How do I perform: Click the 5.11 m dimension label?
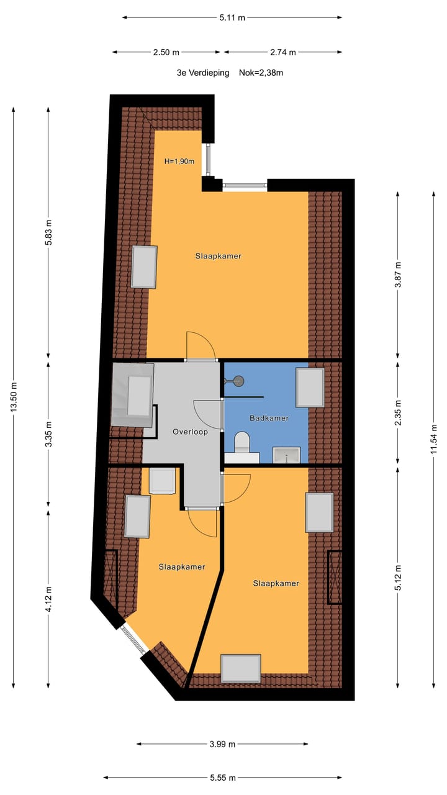click(x=232, y=17)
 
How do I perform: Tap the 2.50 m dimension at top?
click(x=166, y=52)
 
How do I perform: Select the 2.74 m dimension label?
click(x=282, y=52)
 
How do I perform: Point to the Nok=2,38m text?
click(x=261, y=73)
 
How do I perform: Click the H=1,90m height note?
click(x=179, y=161)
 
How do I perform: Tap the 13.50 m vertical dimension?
click(x=14, y=398)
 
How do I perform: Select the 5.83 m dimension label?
click(x=49, y=233)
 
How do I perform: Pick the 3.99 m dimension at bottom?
click(x=222, y=743)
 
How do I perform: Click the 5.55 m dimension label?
click(x=222, y=777)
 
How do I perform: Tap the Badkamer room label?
click(x=269, y=418)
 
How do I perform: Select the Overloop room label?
click(x=190, y=432)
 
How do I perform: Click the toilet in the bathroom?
click(x=242, y=445)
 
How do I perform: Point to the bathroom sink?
click(x=286, y=455)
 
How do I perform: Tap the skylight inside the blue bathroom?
click(x=310, y=387)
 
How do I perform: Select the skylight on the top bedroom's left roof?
click(x=144, y=266)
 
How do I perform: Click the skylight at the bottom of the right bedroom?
click(x=241, y=668)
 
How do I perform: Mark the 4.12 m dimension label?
click(x=49, y=598)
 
